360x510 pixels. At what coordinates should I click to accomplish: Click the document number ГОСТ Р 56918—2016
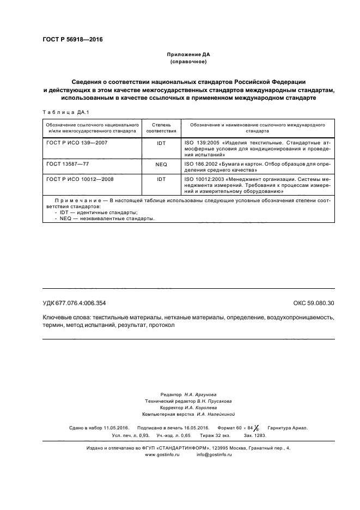(x=72, y=40)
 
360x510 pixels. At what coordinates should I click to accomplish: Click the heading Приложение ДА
(x=188, y=55)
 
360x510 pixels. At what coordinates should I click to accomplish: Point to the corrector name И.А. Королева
(x=201, y=407)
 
